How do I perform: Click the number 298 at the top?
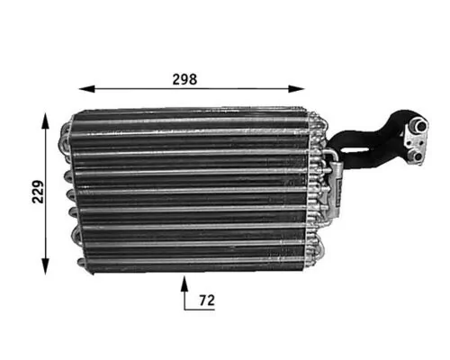[184, 77]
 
